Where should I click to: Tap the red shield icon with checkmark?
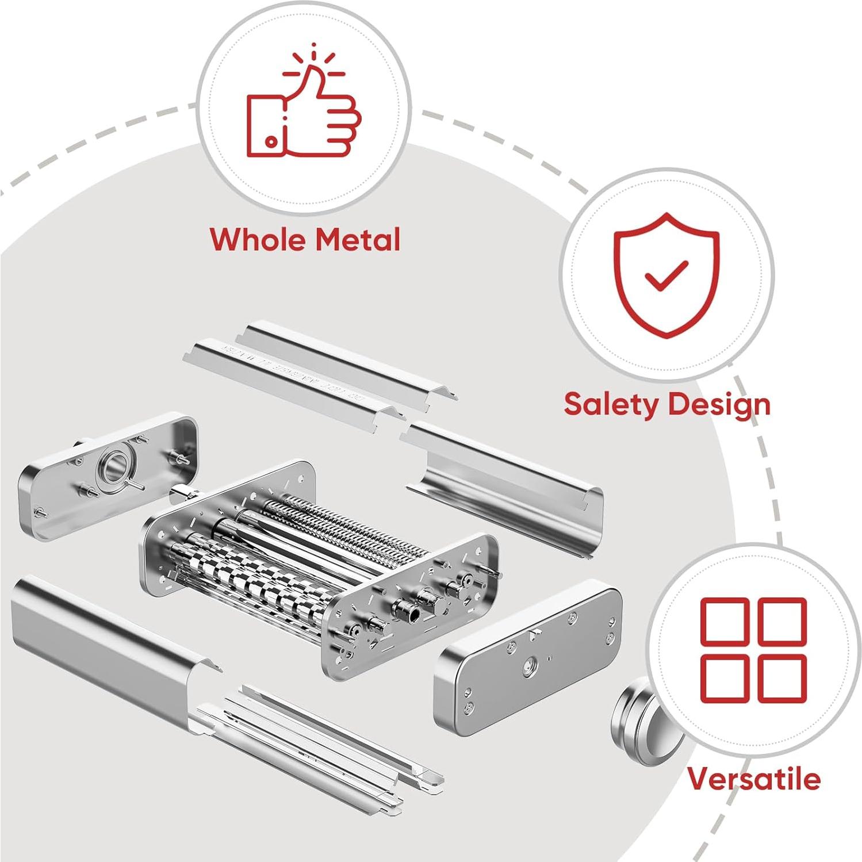[666, 275]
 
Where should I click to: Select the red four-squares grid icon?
[753, 650]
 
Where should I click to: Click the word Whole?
[257, 239]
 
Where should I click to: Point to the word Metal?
[359, 239]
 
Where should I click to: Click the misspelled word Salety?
[611, 404]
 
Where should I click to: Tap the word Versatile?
[754, 779]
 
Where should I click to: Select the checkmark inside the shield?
[666, 275]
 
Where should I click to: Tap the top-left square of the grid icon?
[725, 621]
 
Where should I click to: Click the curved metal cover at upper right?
[506, 483]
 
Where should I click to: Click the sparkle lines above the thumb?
[313, 63]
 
